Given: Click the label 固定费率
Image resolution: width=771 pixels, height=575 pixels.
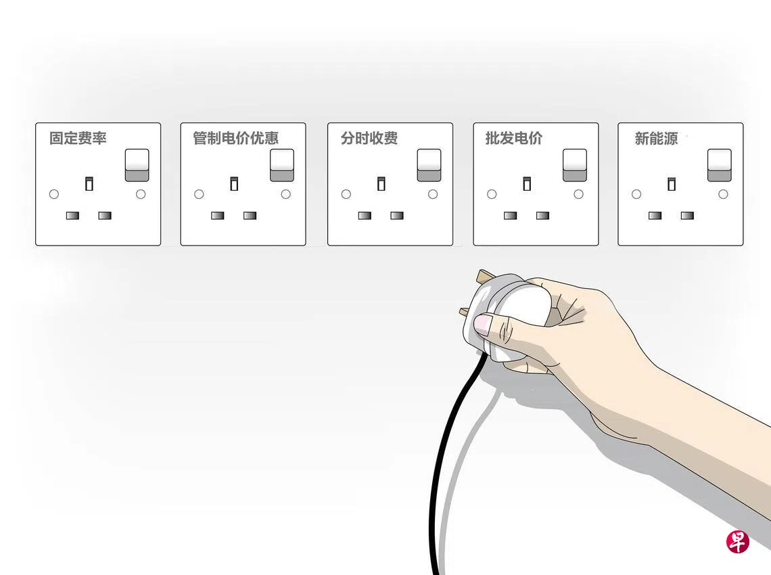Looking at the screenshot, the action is click(x=78, y=138).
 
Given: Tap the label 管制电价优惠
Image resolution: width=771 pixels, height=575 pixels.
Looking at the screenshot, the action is click(x=235, y=138).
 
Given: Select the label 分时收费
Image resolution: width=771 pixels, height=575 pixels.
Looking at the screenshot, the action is click(x=369, y=138).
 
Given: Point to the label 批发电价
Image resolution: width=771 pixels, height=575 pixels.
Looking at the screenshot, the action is click(x=514, y=138).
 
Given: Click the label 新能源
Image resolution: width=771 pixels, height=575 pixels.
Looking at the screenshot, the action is click(x=656, y=139).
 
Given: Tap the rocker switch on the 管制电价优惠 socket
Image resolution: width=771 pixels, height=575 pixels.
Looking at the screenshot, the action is click(x=282, y=165).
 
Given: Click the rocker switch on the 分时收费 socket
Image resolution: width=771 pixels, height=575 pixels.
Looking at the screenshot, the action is click(x=429, y=165).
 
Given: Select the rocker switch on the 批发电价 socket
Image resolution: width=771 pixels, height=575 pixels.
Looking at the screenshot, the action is click(x=575, y=165).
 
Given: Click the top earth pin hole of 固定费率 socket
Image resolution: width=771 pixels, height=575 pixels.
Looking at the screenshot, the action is click(x=89, y=183).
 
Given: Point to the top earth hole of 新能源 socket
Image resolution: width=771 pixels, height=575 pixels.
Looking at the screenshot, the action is click(x=671, y=183).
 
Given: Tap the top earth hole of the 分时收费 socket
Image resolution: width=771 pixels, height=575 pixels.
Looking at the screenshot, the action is click(x=381, y=183).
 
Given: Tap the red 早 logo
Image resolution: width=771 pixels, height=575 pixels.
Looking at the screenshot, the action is click(x=738, y=542).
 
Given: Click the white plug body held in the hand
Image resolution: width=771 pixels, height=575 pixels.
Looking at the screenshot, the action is click(x=511, y=315).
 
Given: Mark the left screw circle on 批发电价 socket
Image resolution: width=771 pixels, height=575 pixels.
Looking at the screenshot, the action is click(x=492, y=194).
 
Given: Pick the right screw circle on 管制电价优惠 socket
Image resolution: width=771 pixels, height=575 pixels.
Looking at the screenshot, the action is click(x=285, y=194).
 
